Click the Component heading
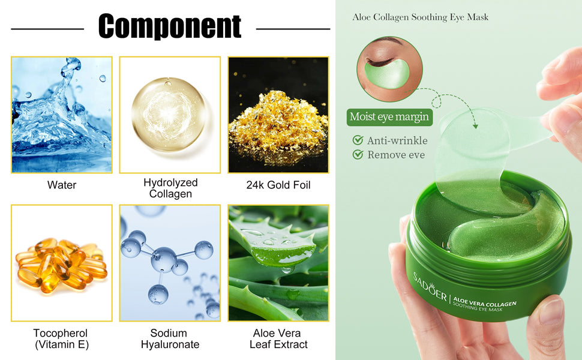coord(170,26)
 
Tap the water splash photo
coord(62,115)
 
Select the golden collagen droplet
coord(169,114)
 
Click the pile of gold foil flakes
coord(278,127)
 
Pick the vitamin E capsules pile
coord(61,265)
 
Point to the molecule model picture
coord(170,263)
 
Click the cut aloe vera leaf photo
coord(278,263)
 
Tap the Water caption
coord(62,185)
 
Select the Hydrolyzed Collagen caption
coord(170,188)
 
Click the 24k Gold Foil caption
coord(278,185)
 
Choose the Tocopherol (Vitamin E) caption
coord(61,338)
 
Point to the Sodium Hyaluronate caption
coord(170,338)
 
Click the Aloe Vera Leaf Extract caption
coord(278,338)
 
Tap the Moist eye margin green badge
coord(389,117)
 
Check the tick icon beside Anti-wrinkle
coord(358,140)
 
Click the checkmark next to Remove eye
coord(358,154)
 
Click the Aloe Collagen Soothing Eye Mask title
coord(420,17)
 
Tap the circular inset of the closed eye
coord(389,68)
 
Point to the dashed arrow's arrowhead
coord(475,126)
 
